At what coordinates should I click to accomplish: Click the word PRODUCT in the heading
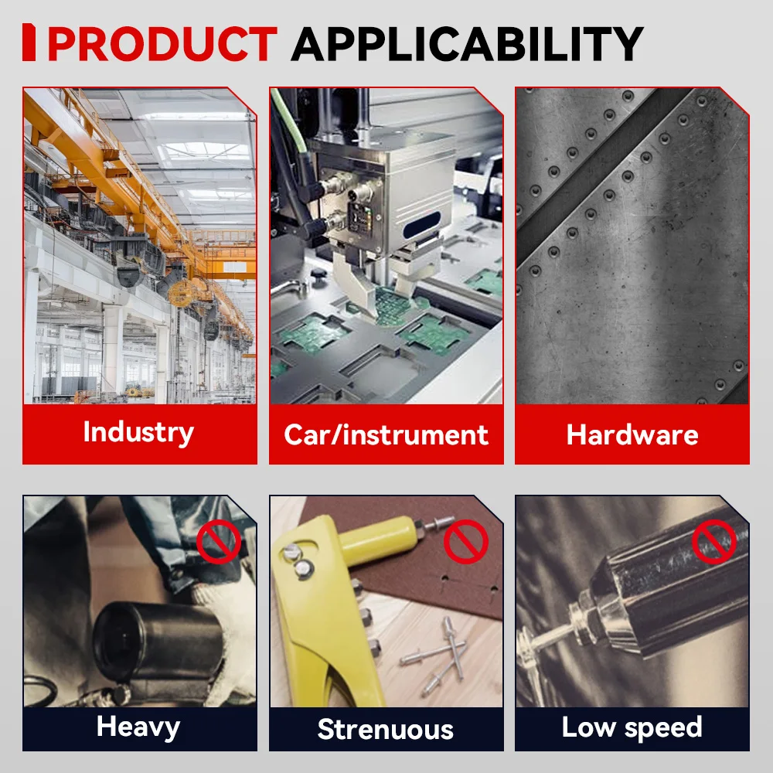pyautogui.click(x=162, y=43)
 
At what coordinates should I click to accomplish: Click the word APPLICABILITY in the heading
pyautogui.click(x=468, y=43)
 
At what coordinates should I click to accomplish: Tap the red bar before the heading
pyautogui.click(x=29, y=43)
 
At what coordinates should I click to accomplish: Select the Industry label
pyautogui.click(x=138, y=433)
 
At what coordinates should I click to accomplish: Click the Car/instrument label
pyautogui.click(x=386, y=434)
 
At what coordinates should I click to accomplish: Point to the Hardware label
pyautogui.click(x=632, y=434)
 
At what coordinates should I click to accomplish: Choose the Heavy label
pyautogui.click(x=138, y=727)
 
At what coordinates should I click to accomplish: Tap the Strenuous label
pyautogui.click(x=386, y=729)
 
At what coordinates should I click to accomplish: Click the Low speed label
pyautogui.click(x=632, y=727)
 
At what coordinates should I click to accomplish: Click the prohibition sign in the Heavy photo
pyautogui.click(x=219, y=541)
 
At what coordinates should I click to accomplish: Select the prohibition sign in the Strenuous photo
pyautogui.click(x=466, y=541)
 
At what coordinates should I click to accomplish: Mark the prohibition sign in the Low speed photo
pyautogui.click(x=713, y=541)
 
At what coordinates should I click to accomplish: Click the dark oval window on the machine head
pyautogui.click(x=421, y=225)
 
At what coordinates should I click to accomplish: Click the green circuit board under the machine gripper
pyautogui.click(x=394, y=305)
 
